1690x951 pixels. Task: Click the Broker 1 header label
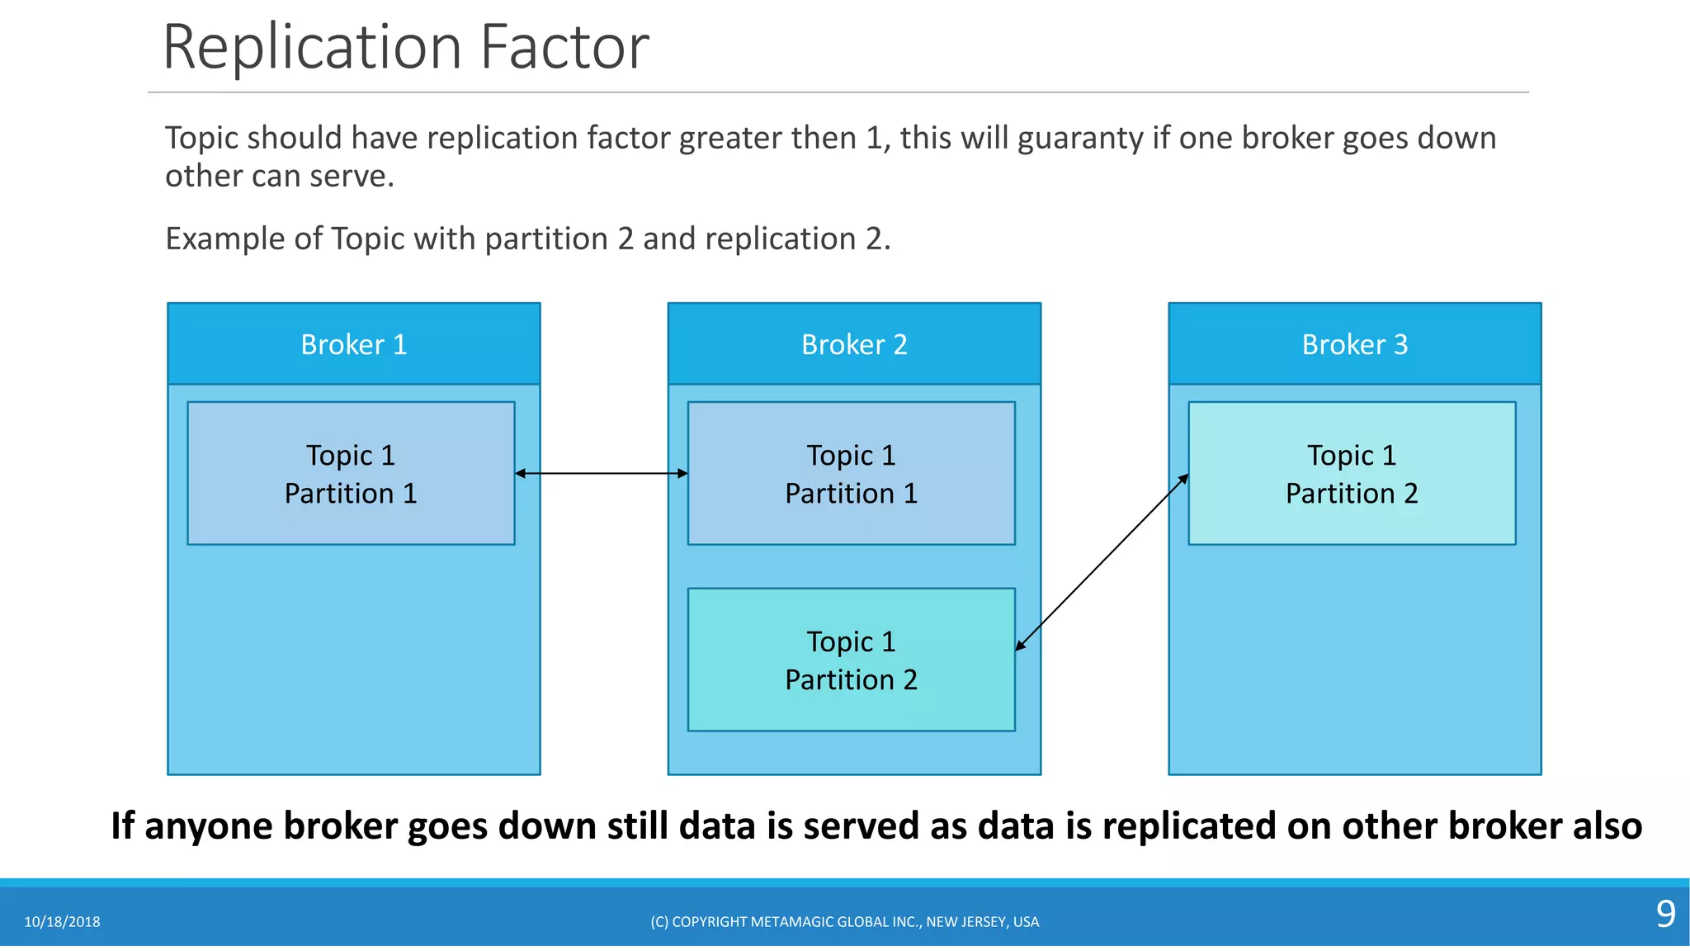click(354, 344)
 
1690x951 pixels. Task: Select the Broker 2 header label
click(854, 344)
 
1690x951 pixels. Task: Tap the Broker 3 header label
click(1354, 344)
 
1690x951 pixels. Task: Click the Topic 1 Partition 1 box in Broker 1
click(351, 474)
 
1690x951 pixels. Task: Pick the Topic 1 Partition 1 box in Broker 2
click(851, 474)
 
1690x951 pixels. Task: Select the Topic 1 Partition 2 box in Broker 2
click(851, 660)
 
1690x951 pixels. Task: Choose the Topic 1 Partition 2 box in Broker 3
click(1352, 474)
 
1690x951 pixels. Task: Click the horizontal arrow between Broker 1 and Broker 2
click(601, 473)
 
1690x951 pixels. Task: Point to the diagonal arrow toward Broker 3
click(1102, 562)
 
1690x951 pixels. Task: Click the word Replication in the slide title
click(312, 47)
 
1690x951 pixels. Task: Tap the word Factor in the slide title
click(564, 47)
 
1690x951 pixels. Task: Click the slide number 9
click(1665, 914)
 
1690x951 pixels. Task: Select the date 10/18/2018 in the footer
click(62, 922)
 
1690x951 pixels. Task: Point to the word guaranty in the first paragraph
click(1080, 138)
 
